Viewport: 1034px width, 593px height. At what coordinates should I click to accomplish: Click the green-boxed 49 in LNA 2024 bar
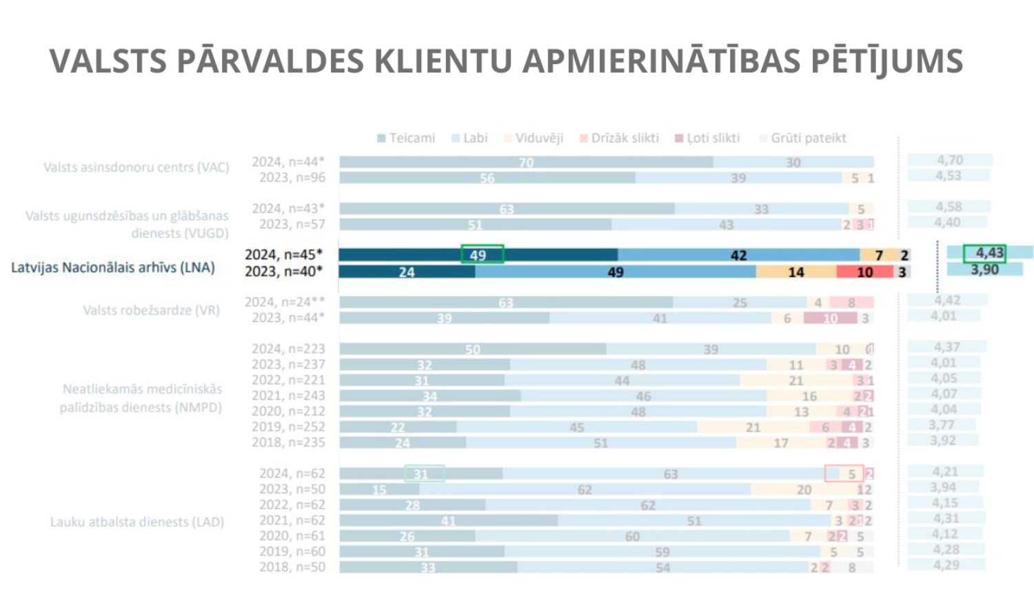[482, 254]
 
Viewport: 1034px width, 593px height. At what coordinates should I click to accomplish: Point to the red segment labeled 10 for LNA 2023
[864, 272]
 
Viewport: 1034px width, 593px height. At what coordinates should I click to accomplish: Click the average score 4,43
[984, 253]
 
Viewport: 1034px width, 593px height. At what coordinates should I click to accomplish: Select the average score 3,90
[984, 270]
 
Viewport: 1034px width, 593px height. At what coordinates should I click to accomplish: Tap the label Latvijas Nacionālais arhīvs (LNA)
[113, 268]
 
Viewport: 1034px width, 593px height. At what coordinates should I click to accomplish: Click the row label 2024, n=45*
[283, 255]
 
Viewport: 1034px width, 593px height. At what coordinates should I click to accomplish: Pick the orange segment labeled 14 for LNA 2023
[796, 272]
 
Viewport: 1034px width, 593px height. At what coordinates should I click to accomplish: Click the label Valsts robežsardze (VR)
[152, 310]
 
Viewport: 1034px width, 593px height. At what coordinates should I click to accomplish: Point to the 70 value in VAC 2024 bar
[526, 163]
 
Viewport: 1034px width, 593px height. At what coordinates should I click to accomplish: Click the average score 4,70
[949, 160]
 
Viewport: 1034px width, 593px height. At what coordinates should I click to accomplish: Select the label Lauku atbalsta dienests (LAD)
[137, 522]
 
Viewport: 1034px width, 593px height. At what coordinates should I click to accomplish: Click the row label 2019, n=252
[288, 427]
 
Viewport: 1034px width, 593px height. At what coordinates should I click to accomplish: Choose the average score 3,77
[942, 425]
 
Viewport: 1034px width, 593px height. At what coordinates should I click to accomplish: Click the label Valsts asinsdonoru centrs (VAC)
[136, 168]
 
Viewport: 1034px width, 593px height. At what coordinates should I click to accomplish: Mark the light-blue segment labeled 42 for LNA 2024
[738, 255]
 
